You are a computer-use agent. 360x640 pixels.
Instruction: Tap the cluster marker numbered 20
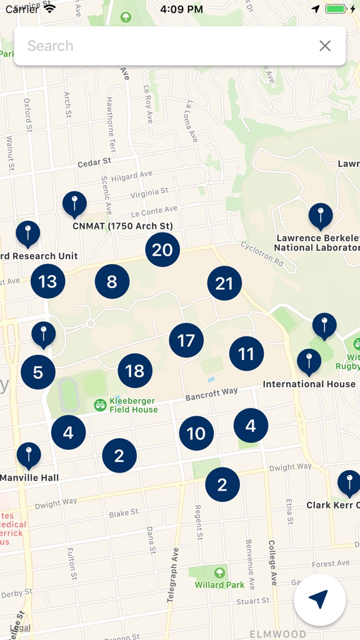click(x=162, y=250)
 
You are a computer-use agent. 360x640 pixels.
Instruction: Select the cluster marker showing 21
click(x=224, y=284)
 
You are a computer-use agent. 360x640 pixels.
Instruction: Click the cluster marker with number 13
click(x=48, y=281)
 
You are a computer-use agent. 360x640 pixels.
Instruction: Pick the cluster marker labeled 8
click(x=112, y=281)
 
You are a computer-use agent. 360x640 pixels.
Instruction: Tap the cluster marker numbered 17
click(x=186, y=341)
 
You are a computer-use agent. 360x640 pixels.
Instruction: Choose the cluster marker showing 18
click(x=135, y=371)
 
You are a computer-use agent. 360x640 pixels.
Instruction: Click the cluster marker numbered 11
click(x=246, y=354)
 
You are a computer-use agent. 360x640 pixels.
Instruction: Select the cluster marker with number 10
click(x=196, y=433)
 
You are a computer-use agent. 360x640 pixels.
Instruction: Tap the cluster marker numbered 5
click(x=38, y=373)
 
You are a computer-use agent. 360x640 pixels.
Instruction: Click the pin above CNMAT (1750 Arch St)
click(x=74, y=204)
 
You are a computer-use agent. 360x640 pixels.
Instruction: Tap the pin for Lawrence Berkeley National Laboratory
click(x=321, y=216)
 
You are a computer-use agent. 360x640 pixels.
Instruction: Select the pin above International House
click(x=309, y=361)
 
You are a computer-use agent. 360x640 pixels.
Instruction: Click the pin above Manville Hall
click(x=29, y=455)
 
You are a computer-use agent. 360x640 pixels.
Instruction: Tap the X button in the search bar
click(x=325, y=46)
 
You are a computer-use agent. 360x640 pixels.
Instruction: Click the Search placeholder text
click(x=51, y=46)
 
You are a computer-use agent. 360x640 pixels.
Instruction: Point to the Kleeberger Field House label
click(x=133, y=405)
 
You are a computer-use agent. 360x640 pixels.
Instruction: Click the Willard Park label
click(x=219, y=584)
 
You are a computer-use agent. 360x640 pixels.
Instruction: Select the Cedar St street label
click(x=94, y=162)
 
